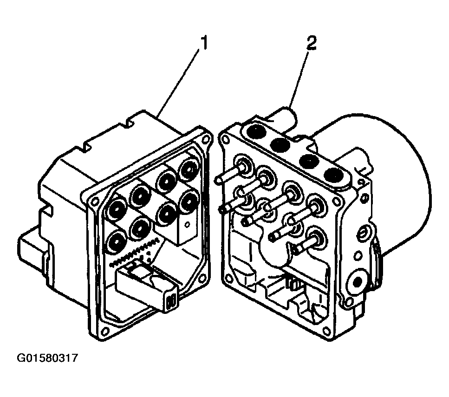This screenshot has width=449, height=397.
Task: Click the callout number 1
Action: [x=203, y=44]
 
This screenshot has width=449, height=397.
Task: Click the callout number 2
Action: [x=311, y=44]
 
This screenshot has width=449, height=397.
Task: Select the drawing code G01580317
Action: [x=48, y=358]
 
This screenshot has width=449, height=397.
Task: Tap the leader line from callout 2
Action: [x=300, y=74]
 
